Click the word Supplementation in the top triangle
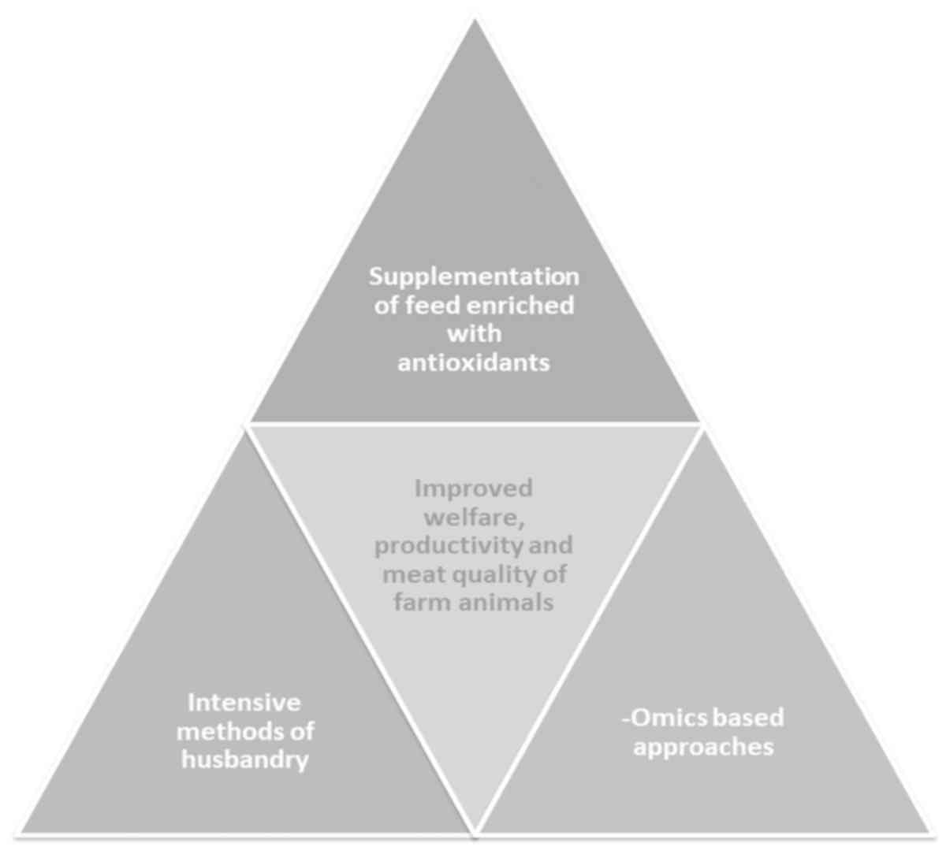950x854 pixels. [474, 277]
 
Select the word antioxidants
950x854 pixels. [474, 362]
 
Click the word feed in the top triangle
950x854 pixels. [431, 306]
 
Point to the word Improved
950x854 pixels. [474, 488]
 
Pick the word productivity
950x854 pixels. [446, 545]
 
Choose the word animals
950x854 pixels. [502, 603]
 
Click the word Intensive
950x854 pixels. [244, 702]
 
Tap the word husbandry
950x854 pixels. [244, 760]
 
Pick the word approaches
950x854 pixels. [703, 746]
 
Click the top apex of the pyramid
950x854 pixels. [475, 21]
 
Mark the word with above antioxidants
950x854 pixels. [474, 334]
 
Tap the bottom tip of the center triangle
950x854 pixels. [475, 830]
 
